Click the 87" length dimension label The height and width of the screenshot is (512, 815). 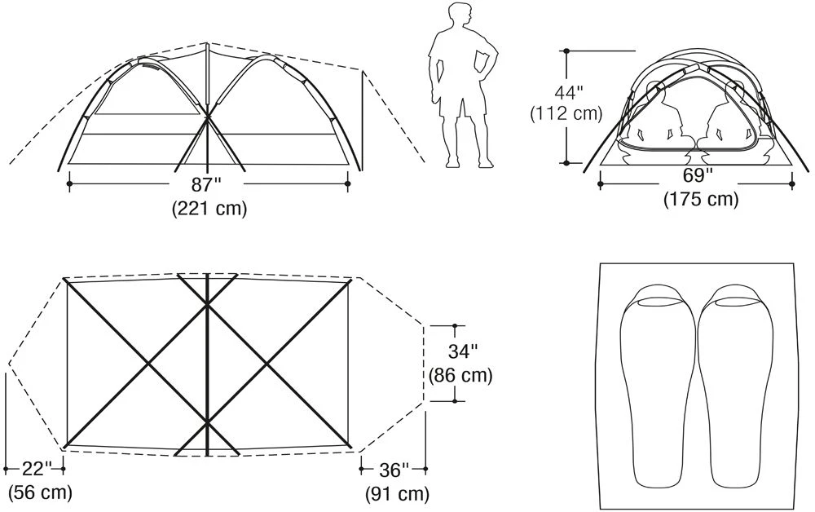(207, 185)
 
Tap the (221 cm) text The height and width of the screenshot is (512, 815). (209, 209)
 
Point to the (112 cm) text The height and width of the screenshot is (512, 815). (566, 113)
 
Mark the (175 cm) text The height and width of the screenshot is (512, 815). (701, 199)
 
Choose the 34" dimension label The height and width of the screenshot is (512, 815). (462, 351)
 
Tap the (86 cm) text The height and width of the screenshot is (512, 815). (460, 375)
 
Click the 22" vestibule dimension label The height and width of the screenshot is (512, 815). (37, 468)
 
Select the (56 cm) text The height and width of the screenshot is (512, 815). (40, 492)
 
